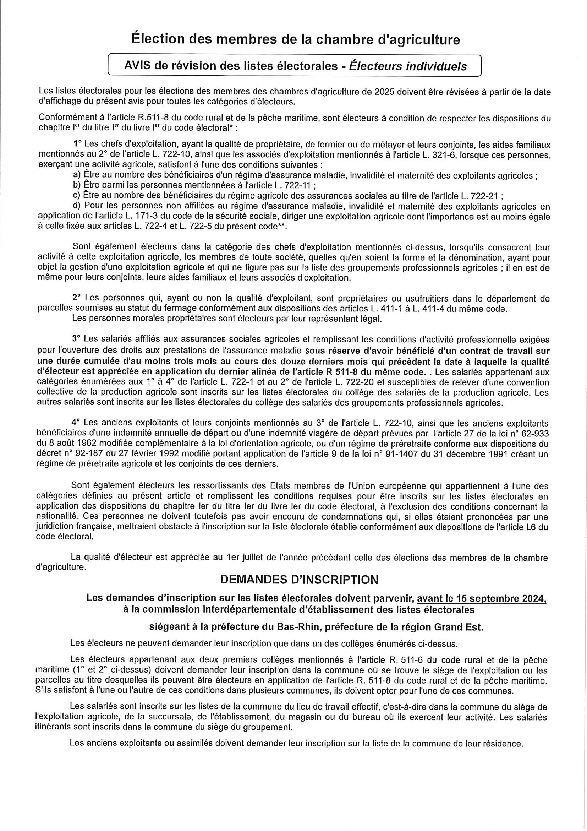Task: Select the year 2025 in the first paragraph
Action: click(384, 92)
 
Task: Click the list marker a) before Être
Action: click(77, 176)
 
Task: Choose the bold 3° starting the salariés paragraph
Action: click(76, 340)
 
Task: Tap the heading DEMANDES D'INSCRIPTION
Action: click(299, 580)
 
